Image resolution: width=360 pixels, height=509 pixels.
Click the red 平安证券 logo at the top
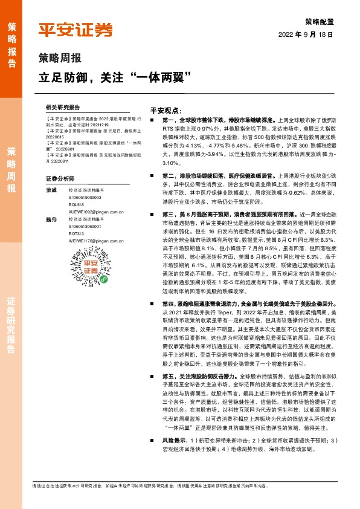(76, 30)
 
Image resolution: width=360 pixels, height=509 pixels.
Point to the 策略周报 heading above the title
(59, 59)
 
